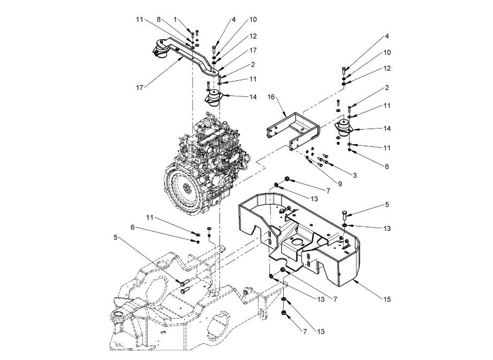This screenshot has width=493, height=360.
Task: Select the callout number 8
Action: click(x=159, y=19)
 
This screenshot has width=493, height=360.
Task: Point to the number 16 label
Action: click(x=271, y=96)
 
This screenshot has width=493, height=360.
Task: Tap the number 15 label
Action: click(x=387, y=299)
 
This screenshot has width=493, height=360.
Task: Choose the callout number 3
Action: click(x=355, y=176)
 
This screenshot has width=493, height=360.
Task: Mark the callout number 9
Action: click(x=340, y=183)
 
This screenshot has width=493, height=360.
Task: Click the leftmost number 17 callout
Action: click(x=140, y=88)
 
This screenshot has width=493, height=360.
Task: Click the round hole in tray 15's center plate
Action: click(x=297, y=242)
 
